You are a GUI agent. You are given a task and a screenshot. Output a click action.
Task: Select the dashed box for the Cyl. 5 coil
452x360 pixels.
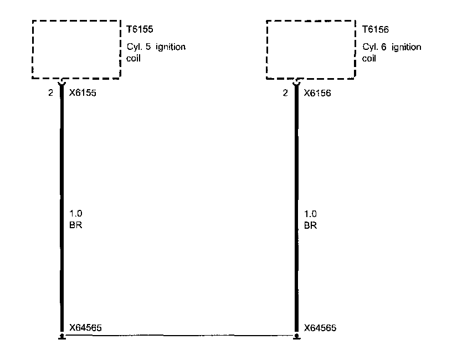(76, 49)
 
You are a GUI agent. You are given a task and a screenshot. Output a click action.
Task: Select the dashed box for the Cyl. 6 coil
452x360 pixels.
(311, 49)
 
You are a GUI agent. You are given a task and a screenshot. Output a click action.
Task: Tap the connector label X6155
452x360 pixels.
(83, 93)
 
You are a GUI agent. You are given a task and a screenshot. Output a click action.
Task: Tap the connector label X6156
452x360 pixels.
(318, 93)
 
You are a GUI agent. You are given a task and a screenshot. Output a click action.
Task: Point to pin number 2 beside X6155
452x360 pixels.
(50, 93)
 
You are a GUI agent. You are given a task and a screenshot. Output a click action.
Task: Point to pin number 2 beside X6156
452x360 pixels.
(285, 93)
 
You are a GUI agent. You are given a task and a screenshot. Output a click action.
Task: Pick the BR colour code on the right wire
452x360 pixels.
(310, 225)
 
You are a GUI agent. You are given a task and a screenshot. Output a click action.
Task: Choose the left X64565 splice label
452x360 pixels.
(85, 327)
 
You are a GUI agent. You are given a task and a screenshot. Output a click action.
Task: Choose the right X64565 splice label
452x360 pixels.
(320, 327)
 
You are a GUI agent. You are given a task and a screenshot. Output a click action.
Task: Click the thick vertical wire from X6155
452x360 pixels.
(61, 166)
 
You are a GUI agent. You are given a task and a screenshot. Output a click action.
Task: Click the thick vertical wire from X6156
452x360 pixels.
(296, 166)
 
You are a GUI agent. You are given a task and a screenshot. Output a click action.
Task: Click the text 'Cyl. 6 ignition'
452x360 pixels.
(391, 47)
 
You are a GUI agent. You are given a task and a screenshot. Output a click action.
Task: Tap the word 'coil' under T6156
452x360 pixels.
(369, 58)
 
